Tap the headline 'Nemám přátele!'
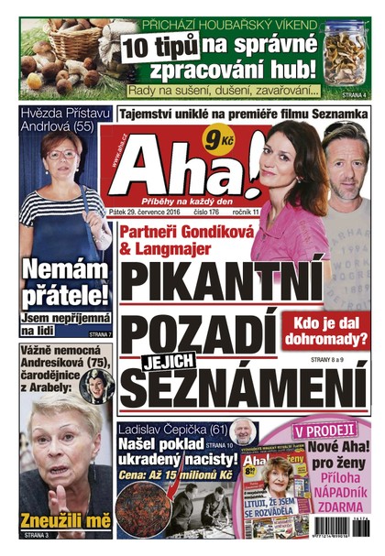(65, 282)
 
